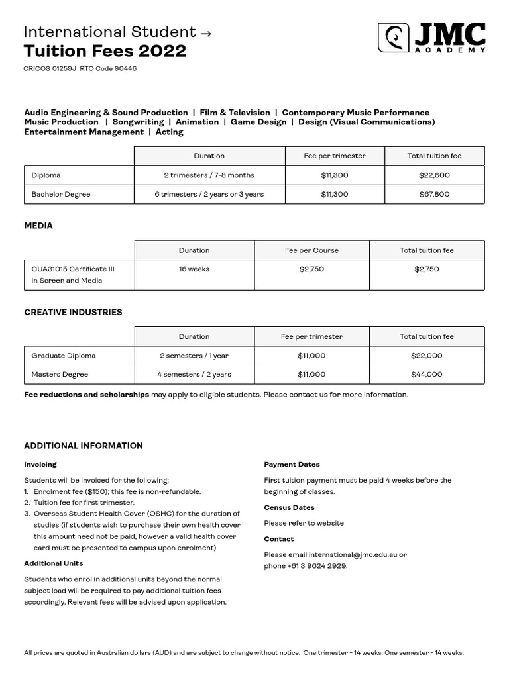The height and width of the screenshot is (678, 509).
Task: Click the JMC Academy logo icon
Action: coord(393,38)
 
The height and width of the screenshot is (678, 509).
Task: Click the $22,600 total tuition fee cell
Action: coord(434,175)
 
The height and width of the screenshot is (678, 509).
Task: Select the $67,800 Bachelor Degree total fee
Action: coord(434,194)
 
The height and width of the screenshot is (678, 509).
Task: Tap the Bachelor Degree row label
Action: coord(61,194)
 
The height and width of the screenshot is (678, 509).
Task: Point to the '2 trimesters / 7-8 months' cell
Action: coord(209,175)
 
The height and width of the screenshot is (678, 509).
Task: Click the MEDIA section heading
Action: coord(38,226)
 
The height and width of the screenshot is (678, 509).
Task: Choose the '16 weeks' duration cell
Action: coord(194,269)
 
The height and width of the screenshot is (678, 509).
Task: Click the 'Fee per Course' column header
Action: coord(311,250)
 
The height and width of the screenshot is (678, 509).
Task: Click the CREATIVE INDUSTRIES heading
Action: coord(73,313)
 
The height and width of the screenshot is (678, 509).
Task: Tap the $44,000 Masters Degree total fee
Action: coord(427,375)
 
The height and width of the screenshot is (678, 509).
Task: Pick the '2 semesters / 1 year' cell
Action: coord(194,356)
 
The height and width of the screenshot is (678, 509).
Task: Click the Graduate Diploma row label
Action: coord(64,356)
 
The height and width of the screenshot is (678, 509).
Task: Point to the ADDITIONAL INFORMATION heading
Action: coord(84,446)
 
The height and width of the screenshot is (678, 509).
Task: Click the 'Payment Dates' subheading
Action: coord(292,465)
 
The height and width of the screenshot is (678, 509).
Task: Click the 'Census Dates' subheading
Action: coord(289,508)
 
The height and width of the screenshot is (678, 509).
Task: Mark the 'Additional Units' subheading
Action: coord(54,563)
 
